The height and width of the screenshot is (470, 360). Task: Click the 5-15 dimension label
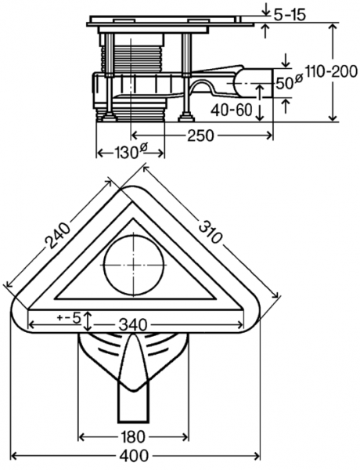291,13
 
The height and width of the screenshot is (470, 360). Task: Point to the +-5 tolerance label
69,317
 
